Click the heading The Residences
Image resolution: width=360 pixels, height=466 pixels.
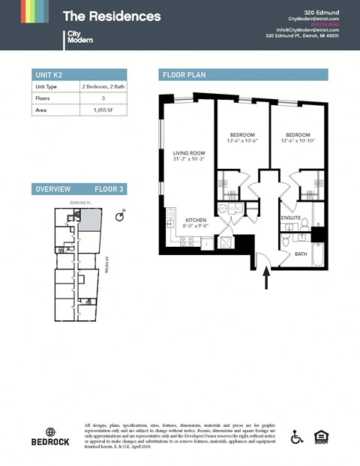111,16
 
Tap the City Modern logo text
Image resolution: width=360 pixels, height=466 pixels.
79,37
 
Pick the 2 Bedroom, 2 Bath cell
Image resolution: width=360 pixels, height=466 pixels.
102,87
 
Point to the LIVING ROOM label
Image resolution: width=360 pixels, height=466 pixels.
188,155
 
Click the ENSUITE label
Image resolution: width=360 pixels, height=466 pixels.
291,218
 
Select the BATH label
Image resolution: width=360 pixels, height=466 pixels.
300,254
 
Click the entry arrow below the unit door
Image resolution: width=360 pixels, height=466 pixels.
266,279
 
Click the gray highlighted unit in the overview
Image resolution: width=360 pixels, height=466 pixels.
89,221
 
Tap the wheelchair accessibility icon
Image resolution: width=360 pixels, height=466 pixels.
296,437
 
